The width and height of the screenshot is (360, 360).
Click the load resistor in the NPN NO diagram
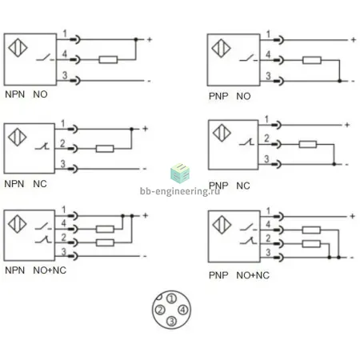point(108,59)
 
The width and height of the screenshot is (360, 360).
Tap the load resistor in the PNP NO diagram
point(312,60)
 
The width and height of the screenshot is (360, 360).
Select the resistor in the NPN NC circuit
point(105,149)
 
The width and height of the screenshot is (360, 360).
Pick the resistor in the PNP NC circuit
point(308,144)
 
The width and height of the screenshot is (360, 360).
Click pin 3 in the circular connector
point(171,321)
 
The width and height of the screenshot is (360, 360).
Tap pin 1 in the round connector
point(171,298)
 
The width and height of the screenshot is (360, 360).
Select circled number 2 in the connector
point(160,310)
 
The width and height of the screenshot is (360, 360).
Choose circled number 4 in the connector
point(183,310)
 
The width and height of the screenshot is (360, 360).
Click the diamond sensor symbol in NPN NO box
point(18,48)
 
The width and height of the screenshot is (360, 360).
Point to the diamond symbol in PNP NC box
point(222,133)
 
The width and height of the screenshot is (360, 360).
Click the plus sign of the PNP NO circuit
point(354,40)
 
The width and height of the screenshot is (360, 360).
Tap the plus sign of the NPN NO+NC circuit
point(146,215)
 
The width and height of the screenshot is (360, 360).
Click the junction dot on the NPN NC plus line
point(131,129)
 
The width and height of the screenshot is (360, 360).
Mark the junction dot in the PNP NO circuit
point(339,81)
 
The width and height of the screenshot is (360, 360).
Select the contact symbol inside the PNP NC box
point(246,142)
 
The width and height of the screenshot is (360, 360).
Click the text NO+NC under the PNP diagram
point(253,275)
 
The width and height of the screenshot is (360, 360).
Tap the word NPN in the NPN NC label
point(14,184)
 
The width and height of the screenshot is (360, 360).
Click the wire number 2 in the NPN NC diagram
point(62,143)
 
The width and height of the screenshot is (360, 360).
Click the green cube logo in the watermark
point(180,174)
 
